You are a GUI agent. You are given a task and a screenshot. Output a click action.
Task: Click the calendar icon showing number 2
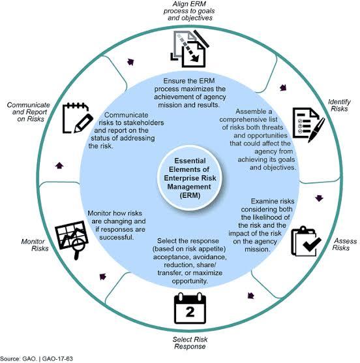tap(190, 308)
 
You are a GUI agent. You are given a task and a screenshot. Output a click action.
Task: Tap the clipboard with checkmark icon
tap(306, 242)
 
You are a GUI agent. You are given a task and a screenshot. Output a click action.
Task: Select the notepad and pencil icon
tap(78, 118)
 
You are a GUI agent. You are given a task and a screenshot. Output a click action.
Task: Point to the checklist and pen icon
tap(308, 125)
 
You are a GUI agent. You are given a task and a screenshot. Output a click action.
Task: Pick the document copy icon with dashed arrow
tap(190, 48)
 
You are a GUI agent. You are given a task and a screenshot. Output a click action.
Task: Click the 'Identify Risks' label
tap(339, 105)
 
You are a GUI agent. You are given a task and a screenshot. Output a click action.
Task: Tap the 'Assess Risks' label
tap(344, 244)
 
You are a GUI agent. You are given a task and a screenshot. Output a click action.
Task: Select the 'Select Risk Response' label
tap(190, 343)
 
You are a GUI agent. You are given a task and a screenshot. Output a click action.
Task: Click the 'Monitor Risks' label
tap(35, 245)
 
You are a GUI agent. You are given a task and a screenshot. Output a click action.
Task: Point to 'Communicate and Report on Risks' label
tap(29, 112)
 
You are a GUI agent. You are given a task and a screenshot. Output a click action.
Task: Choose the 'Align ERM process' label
tap(189, 11)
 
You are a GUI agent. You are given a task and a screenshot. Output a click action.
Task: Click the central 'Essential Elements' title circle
tap(190, 178)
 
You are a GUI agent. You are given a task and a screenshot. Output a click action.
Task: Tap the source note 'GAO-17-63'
tap(57, 359)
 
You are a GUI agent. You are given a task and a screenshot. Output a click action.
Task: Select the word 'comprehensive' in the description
tap(248, 119)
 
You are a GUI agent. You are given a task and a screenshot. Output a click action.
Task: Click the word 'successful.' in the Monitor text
tap(117, 237)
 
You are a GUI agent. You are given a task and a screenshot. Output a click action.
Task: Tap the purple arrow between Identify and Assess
tap(319, 198)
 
